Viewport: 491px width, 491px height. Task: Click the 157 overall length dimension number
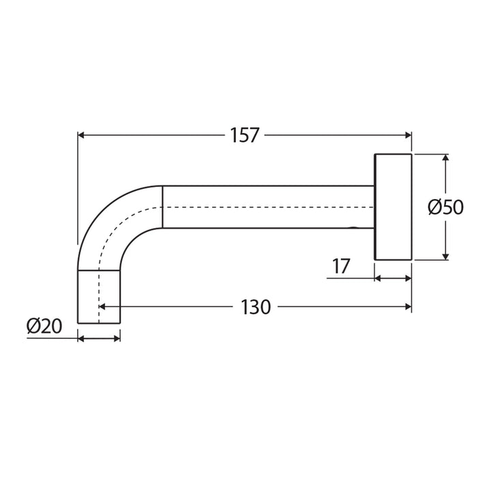coord(244,136)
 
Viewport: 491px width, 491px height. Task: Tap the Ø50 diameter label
coord(445,207)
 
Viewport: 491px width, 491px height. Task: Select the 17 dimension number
coord(341,267)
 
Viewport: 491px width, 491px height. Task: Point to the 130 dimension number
coord(256,308)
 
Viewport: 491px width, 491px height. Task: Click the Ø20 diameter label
coord(44,327)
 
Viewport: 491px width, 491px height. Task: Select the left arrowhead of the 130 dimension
coord(103,308)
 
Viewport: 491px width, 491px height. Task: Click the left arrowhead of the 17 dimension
coord(379,278)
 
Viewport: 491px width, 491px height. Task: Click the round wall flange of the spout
coord(393,207)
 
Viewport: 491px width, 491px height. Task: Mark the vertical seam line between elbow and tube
coord(162,207)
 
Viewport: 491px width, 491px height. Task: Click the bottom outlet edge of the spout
coord(99,323)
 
